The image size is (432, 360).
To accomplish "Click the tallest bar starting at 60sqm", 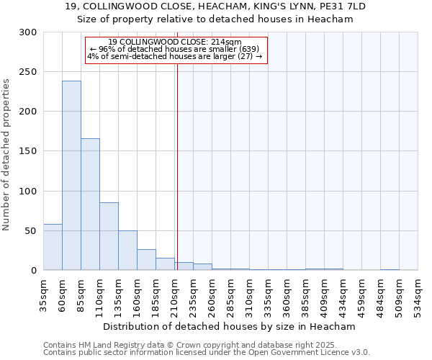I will [71, 176].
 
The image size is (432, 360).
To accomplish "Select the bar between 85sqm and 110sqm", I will [90, 204].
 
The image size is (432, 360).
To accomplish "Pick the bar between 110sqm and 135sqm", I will [109, 236].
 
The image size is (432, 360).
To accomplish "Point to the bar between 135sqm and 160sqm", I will [127, 251].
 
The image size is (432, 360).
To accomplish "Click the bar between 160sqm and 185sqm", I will [146, 260].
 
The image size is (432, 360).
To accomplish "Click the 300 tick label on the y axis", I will [28, 32].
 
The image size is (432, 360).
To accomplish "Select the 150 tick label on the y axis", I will [28, 151].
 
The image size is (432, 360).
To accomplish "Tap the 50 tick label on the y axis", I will [31, 231].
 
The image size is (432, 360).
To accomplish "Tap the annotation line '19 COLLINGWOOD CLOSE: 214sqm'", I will [175, 42].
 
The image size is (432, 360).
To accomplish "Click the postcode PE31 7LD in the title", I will [338, 6].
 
